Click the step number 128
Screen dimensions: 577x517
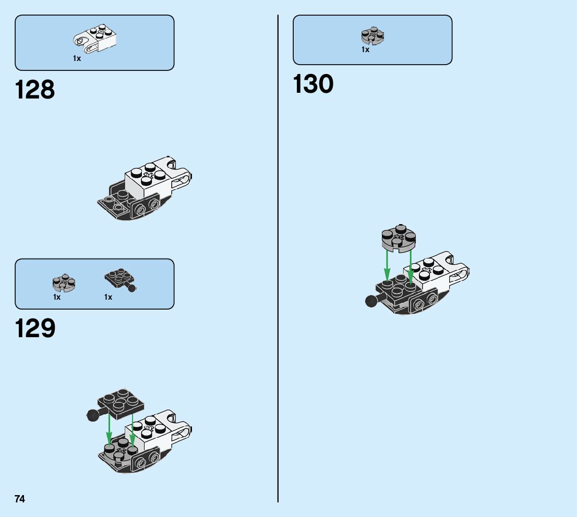35,90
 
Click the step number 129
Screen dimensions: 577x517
35,329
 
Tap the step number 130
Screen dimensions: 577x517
313,84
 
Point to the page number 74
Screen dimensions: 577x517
20,499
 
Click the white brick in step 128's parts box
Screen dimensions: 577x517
95,40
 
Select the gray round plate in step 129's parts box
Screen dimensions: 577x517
64,282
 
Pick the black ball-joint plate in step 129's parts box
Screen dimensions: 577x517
119,279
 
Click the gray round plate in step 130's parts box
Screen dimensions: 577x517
372,35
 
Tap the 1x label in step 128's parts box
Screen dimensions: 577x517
77,59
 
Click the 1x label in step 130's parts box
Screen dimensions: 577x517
365,50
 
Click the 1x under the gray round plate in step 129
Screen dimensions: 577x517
57,298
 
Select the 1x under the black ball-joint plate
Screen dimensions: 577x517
108,298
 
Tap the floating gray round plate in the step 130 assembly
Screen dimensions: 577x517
399,238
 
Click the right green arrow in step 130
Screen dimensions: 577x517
411,266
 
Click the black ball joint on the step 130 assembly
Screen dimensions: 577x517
371,301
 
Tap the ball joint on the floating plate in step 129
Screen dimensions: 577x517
92,415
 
